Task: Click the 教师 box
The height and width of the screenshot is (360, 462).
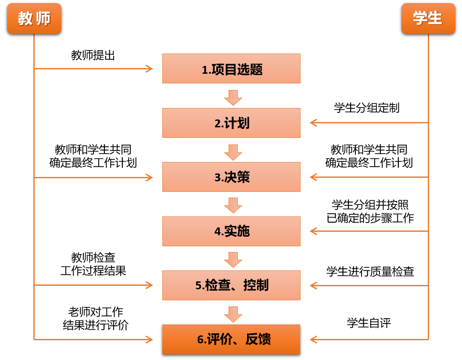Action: [34, 18]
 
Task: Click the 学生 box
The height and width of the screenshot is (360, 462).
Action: [428, 18]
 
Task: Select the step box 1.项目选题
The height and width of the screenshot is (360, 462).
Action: [231, 68]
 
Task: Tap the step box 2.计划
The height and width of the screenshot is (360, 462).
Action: [231, 123]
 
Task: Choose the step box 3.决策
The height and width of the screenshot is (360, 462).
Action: [231, 177]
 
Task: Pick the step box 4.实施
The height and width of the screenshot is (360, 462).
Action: [231, 231]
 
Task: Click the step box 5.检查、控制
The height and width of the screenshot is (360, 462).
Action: [231, 285]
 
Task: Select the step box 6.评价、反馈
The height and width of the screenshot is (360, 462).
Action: [231, 339]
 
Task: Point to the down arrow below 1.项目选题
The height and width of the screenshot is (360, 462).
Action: [233, 97]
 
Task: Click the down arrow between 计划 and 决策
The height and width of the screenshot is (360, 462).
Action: [233, 152]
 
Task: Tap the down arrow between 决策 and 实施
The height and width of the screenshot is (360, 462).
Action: [233, 205]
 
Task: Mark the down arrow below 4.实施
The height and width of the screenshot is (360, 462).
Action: [233, 259]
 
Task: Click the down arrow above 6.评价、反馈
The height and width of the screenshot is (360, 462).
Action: [233, 314]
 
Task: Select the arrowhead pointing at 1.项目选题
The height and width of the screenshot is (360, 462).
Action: [150, 68]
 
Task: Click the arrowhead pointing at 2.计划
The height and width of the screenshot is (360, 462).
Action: [313, 122]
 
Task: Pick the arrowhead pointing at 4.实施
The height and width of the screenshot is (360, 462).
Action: [313, 231]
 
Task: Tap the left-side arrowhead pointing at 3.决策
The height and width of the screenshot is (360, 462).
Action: [150, 177]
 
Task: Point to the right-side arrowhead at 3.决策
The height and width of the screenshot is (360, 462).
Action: [313, 177]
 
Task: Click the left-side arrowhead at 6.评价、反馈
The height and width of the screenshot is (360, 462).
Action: [150, 339]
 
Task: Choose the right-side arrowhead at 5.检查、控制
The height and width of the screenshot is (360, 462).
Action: [313, 285]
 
